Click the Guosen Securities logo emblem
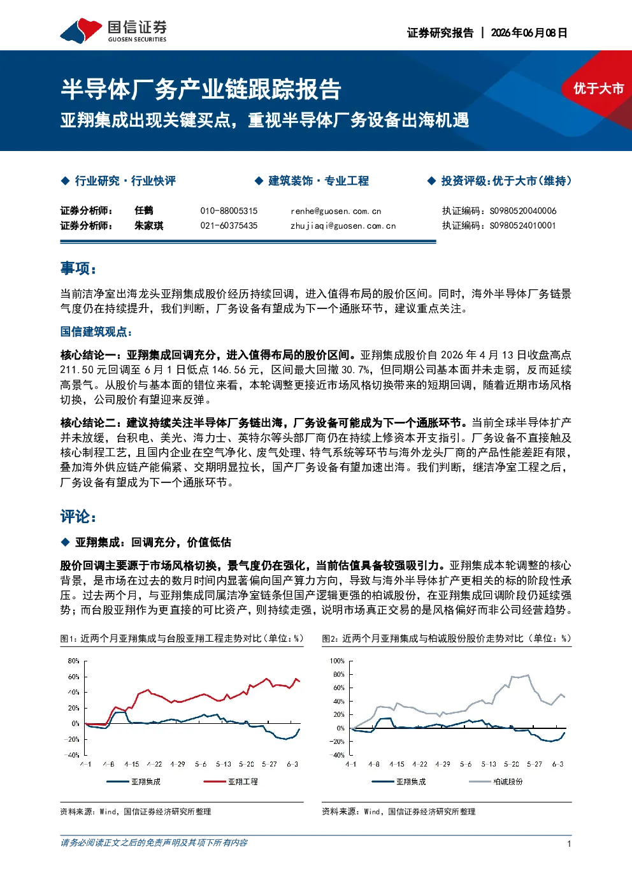(x=81, y=31)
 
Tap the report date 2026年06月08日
(x=529, y=32)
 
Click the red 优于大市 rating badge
(x=598, y=89)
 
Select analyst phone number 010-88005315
(x=229, y=211)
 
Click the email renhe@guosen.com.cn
(x=336, y=211)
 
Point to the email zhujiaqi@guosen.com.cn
(x=343, y=226)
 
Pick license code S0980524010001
(x=522, y=226)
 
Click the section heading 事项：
(x=78, y=268)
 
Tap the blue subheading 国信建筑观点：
(x=96, y=331)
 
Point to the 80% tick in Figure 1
(x=73, y=661)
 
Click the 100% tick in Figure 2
(x=337, y=661)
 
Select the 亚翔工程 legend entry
(x=231, y=781)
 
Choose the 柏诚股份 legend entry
(x=496, y=781)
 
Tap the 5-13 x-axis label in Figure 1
(x=224, y=764)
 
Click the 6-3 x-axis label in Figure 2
(x=557, y=764)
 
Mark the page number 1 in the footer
(x=569, y=844)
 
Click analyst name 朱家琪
(x=149, y=226)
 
